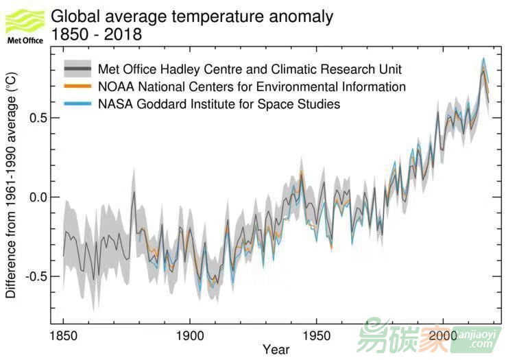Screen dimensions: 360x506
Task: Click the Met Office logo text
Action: point(24,40)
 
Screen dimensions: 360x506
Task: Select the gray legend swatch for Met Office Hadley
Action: point(77,69)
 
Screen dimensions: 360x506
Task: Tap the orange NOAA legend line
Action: point(77,87)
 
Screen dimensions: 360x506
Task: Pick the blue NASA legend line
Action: point(77,104)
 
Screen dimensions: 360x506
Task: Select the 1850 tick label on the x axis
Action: point(63,337)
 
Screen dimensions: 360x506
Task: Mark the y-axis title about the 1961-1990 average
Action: point(11,187)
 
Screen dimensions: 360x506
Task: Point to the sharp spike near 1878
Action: point(134,191)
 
